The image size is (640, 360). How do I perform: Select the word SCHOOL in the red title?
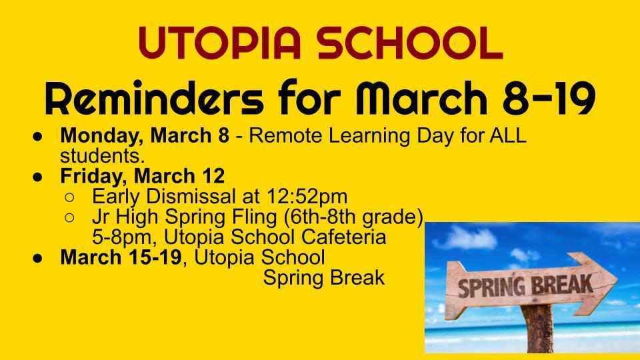pos(410,43)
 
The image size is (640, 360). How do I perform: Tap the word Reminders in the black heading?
pos(154,98)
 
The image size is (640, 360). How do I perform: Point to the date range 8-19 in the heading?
pos(548,98)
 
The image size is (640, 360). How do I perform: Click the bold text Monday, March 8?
pos(145,135)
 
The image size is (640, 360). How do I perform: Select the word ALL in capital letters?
pos(508,135)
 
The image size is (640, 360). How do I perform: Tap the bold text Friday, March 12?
pos(143,176)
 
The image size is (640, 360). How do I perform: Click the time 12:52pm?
pos(307,196)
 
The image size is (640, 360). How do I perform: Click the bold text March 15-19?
pos(121,257)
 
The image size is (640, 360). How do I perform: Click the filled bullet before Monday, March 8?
pos(37,136)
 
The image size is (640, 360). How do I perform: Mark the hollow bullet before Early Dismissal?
pos(69,197)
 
